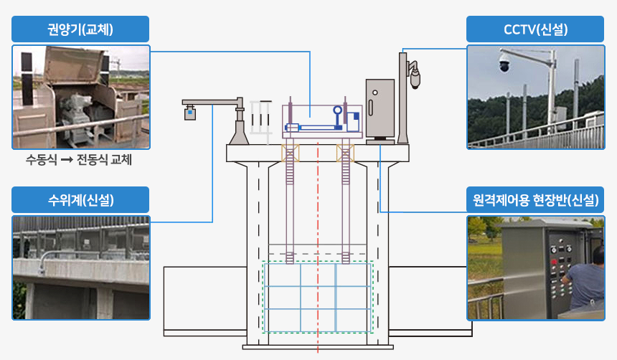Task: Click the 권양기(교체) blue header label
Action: (x=80, y=29)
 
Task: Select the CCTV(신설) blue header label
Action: (x=535, y=29)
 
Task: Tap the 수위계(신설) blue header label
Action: (x=80, y=200)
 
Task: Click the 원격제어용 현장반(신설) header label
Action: (x=535, y=200)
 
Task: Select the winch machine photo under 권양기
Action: (x=80, y=98)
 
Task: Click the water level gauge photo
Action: (x=80, y=267)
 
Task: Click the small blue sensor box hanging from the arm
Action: (x=190, y=112)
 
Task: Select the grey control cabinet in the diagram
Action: (x=380, y=108)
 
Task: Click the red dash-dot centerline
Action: (x=317, y=215)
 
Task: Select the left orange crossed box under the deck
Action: (x=290, y=152)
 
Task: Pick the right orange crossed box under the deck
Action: (x=344, y=152)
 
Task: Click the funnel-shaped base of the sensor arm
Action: (x=240, y=132)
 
